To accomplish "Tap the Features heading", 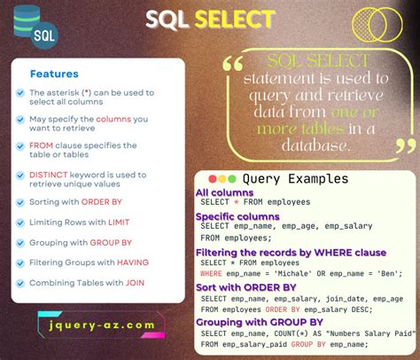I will click(x=54, y=74).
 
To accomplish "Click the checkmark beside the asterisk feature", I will click(x=19, y=93).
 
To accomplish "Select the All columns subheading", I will click(x=225, y=192).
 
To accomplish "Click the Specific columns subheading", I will click(x=237, y=216).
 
